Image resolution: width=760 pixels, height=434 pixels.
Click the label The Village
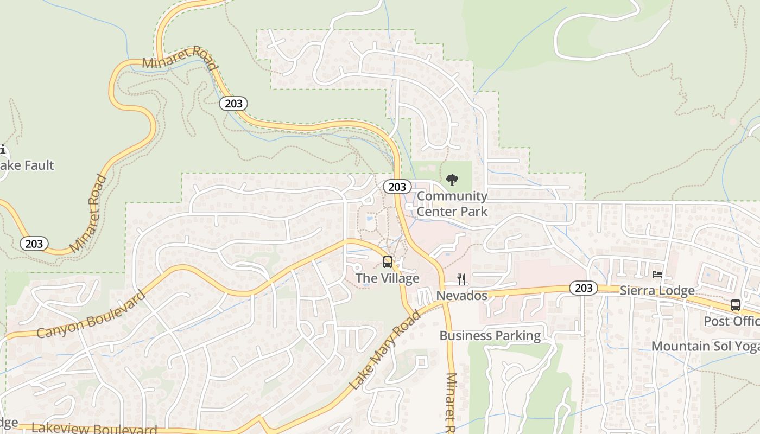(x=387, y=278)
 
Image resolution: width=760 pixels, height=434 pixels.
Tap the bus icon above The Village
(x=388, y=262)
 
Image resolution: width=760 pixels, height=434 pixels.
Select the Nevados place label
(x=462, y=296)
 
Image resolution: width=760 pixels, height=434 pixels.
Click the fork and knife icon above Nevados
(x=461, y=279)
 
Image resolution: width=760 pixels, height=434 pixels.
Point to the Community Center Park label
(x=452, y=203)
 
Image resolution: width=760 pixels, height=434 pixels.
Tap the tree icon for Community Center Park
(x=452, y=180)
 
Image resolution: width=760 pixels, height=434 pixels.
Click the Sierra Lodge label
(x=657, y=290)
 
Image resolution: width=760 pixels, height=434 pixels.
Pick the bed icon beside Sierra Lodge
(x=657, y=275)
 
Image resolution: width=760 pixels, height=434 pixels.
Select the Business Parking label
(x=490, y=336)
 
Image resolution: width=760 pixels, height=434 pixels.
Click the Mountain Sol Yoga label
(x=705, y=346)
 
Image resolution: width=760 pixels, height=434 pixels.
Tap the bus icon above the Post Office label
(x=736, y=305)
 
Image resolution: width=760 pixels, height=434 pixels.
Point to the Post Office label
(x=731, y=321)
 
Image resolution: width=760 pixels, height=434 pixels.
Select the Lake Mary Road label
(x=385, y=350)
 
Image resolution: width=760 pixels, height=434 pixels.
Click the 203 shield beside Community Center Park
(x=397, y=187)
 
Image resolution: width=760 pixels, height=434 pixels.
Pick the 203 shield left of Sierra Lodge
(x=584, y=288)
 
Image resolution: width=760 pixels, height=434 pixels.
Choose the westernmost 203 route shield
(x=34, y=244)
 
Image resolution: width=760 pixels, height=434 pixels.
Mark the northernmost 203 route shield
(x=233, y=103)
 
